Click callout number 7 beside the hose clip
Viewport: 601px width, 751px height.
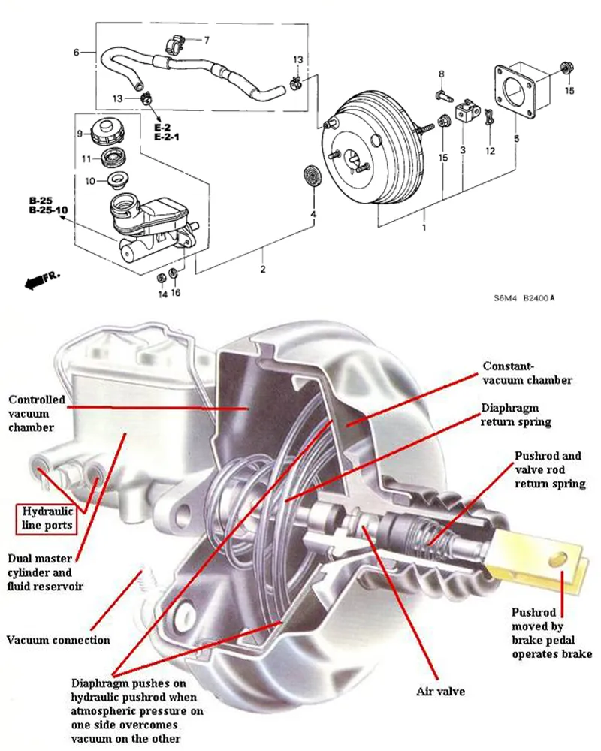coord(207,38)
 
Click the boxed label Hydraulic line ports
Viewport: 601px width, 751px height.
coord(47,518)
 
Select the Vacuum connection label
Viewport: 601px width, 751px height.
coord(59,641)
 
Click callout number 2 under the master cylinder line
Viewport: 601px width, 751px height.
coord(263,268)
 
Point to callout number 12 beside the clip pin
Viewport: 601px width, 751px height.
coord(490,151)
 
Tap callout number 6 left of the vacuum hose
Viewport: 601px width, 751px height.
coord(77,52)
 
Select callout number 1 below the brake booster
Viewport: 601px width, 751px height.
coord(424,227)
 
